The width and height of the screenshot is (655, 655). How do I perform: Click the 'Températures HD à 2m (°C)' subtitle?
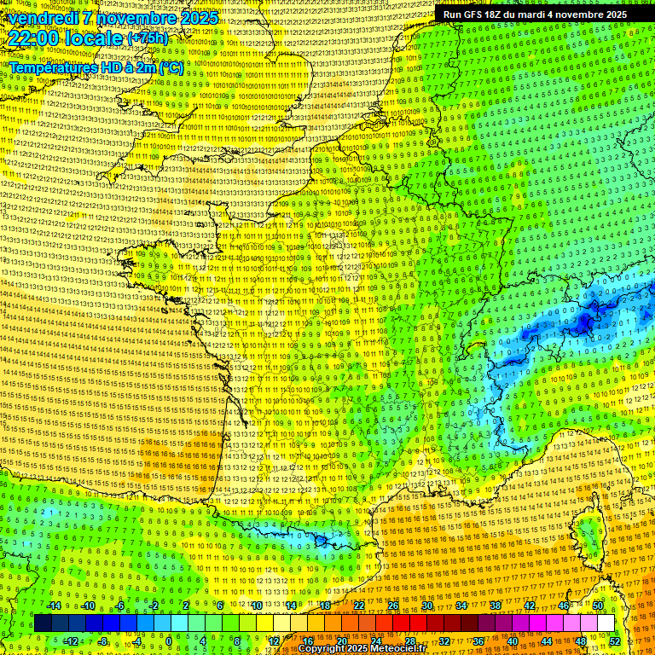(x=96, y=67)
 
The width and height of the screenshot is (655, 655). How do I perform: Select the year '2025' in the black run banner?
(x=612, y=14)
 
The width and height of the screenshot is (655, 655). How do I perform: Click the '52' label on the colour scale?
(x=615, y=641)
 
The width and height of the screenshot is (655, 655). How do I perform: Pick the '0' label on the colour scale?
(x=169, y=641)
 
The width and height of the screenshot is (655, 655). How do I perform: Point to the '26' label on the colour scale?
(x=393, y=606)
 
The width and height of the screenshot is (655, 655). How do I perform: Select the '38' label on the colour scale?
(x=496, y=606)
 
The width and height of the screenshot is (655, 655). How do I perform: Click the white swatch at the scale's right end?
(x=606, y=623)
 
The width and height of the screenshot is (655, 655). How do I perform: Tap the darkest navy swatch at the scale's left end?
(x=43, y=623)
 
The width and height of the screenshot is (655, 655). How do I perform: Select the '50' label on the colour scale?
(x=598, y=606)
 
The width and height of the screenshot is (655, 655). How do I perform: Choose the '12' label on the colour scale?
(x=274, y=641)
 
